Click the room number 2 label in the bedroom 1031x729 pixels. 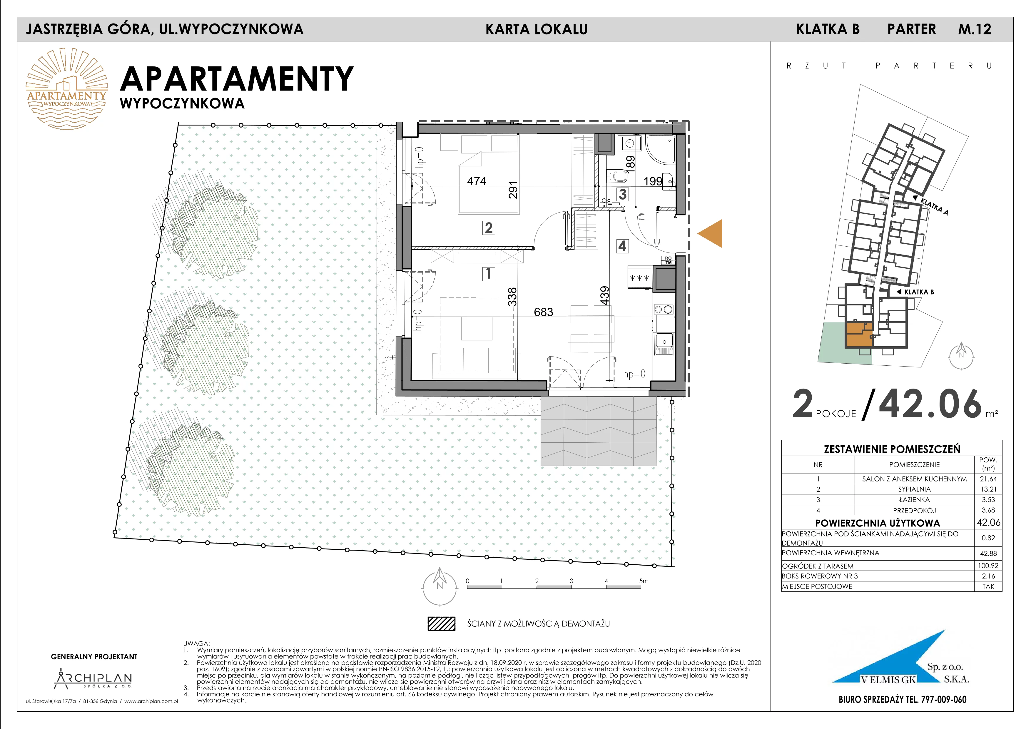pyautogui.click(x=489, y=228)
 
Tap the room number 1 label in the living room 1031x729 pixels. pyautogui.click(x=489, y=273)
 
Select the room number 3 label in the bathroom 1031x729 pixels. pyautogui.click(x=622, y=194)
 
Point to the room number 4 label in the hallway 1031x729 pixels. pyautogui.click(x=622, y=246)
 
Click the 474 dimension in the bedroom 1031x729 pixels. pyautogui.click(x=477, y=181)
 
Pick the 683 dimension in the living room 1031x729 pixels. pyautogui.click(x=543, y=312)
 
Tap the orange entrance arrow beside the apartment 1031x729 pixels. pyautogui.click(x=710, y=233)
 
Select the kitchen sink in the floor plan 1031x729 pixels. pyautogui.click(x=664, y=343)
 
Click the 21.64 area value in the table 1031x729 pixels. pyautogui.click(x=988, y=479)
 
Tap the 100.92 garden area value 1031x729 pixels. pyautogui.click(x=988, y=566)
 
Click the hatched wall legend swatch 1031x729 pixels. pyautogui.click(x=441, y=623)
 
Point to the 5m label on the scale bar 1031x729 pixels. pyautogui.click(x=644, y=581)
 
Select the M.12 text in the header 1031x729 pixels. pyautogui.click(x=975, y=29)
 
